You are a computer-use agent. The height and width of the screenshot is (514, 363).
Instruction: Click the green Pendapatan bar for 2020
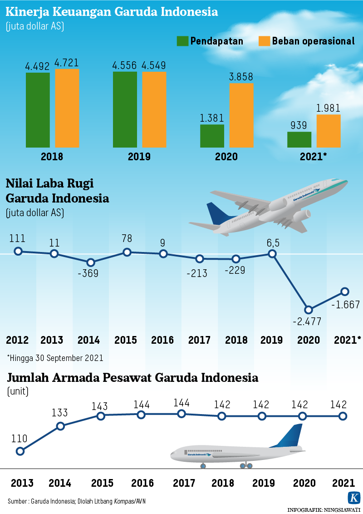tap(212, 136)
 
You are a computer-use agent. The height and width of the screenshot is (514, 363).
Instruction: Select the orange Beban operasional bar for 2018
tap(67, 108)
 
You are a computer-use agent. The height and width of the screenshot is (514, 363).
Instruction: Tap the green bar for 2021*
tap(299, 139)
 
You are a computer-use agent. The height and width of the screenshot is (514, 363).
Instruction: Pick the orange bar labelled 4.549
tap(154, 109)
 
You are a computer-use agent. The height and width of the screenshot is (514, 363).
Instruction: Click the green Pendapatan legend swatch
tap(182, 41)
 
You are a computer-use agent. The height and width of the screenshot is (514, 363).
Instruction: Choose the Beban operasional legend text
tap(313, 41)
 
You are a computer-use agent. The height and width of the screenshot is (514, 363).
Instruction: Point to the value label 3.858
tap(241, 77)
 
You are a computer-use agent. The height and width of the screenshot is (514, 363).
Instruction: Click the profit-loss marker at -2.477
tap(309, 310)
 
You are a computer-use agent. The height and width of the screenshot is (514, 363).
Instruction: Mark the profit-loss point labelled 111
tap(18, 251)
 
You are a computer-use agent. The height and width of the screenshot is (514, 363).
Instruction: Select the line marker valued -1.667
tap(345, 291)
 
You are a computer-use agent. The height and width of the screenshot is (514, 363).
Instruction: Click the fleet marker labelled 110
tap(20, 451)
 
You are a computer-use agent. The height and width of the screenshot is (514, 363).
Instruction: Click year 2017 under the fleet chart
tap(181, 483)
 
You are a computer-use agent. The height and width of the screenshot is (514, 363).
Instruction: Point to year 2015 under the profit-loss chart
tap(126, 340)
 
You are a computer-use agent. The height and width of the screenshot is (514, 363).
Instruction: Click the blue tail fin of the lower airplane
tap(290, 436)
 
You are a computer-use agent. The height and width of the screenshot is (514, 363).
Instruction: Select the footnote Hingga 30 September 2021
tap(55, 358)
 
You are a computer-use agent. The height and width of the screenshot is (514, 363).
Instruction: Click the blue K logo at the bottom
tap(353, 497)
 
